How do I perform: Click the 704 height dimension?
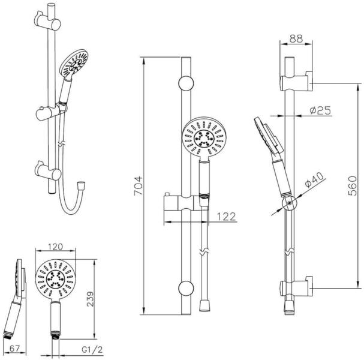click(138, 186)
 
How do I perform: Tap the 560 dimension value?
click(353, 186)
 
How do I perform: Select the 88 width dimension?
click(296, 39)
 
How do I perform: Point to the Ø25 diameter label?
click(320, 110)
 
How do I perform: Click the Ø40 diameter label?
click(314, 180)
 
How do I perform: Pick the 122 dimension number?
click(226, 217)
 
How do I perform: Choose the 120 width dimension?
click(56, 247)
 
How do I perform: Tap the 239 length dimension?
click(90, 299)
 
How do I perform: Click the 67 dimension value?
click(14, 348)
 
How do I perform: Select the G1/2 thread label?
click(92, 349)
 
